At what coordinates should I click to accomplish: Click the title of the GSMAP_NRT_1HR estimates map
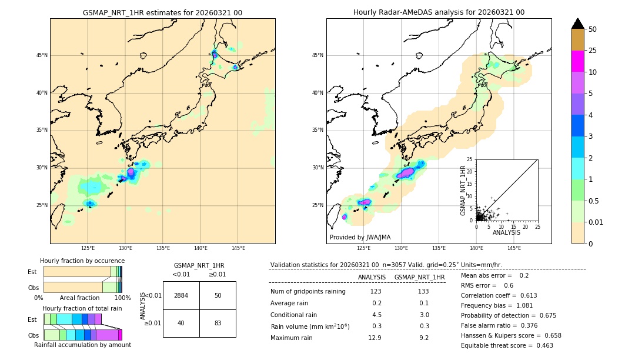coord(162,12)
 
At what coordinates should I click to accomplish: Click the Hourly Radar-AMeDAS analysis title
coord(439,12)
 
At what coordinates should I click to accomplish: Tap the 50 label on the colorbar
coord(593,29)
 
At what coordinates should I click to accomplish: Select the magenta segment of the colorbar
coord(577,61)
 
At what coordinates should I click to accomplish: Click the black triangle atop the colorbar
coord(577,24)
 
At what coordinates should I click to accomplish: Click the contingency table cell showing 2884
coord(181,295)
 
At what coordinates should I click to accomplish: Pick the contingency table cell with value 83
coord(218,323)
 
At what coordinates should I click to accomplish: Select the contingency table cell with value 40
coord(181,323)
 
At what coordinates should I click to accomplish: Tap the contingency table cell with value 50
coord(218,295)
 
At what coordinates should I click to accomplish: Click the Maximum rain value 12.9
coord(375,338)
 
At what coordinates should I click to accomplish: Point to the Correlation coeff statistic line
coord(499,295)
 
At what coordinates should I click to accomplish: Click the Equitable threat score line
coord(507,345)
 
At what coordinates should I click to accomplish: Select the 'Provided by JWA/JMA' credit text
coord(360,237)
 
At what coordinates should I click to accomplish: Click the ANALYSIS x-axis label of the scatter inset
coord(506,232)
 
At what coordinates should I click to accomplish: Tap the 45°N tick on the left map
coord(42,55)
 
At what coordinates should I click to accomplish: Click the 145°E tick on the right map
coord(514,248)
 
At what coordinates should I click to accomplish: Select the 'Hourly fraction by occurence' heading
coord(82,261)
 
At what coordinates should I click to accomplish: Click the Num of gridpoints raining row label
coord(308,291)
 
